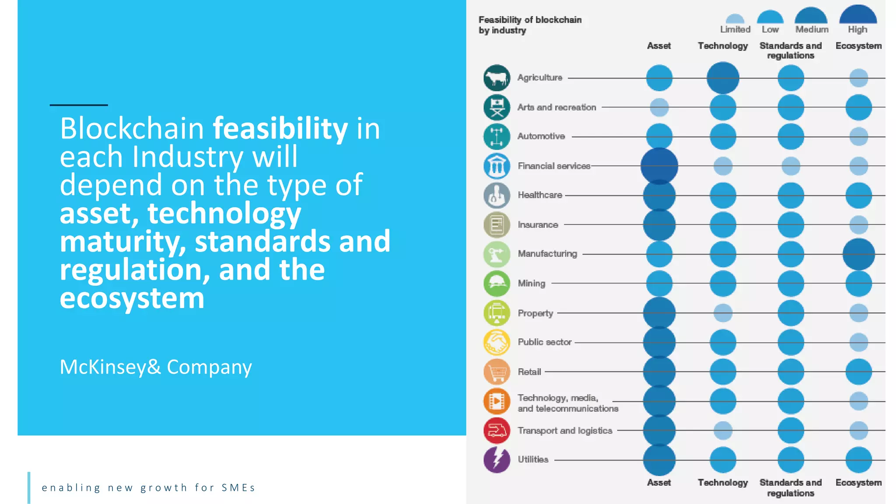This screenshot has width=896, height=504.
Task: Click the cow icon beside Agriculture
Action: click(x=497, y=78)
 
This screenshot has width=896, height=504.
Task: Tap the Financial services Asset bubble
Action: click(x=659, y=166)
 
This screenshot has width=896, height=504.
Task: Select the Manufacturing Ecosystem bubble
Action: click(x=858, y=254)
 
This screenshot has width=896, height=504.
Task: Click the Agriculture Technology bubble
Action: click(x=723, y=78)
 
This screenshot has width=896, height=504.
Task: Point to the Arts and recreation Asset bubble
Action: click(x=659, y=107)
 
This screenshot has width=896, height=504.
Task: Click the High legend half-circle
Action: click(x=858, y=15)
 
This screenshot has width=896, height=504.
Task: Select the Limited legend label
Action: click(x=735, y=29)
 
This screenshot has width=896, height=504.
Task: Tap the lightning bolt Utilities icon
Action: click(x=497, y=460)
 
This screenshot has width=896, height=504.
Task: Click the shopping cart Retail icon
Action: click(x=497, y=372)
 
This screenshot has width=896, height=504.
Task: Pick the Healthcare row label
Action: click(x=540, y=195)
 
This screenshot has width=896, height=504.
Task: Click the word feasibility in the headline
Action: click(x=280, y=129)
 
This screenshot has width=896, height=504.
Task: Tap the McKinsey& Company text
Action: click(x=156, y=367)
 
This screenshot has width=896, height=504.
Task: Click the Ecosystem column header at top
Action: click(x=858, y=46)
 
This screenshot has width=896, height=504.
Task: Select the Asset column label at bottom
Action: click(x=659, y=483)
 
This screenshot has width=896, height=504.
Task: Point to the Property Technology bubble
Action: click(x=723, y=313)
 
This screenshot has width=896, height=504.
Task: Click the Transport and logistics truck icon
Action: click(x=497, y=430)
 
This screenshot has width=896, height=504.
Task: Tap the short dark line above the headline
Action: click(x=79, y=105)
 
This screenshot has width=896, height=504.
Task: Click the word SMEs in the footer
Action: click(x=238, y=488)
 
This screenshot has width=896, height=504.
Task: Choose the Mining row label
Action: click(x=532, y=283)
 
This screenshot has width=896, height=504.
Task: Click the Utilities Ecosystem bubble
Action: click(x=858, y=460)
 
